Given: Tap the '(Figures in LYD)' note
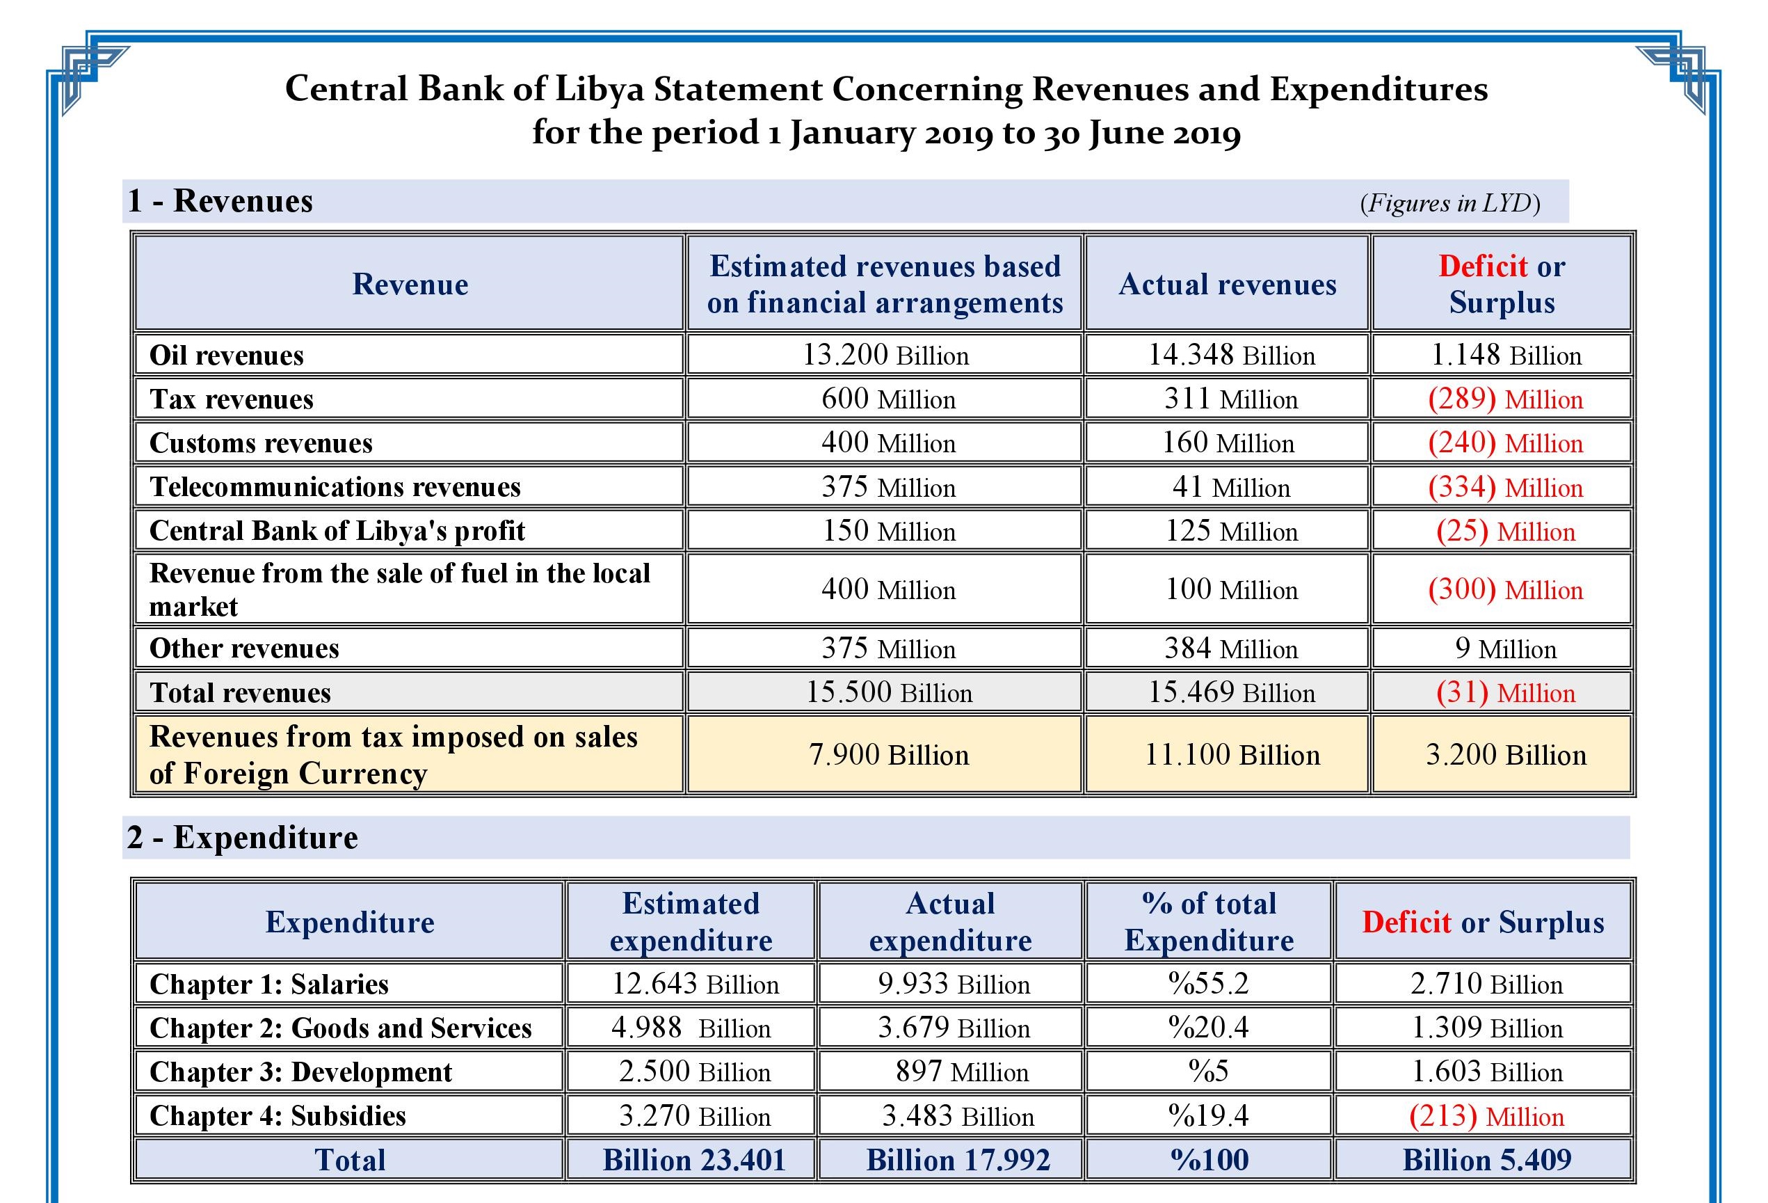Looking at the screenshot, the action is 1450,203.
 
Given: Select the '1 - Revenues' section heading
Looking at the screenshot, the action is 220,202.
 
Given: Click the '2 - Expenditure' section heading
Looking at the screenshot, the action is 243,838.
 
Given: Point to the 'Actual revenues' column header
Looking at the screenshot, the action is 1227,285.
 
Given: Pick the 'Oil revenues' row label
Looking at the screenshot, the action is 227,356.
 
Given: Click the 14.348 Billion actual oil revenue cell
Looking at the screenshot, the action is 1231,356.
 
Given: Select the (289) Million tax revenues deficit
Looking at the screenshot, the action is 1505,399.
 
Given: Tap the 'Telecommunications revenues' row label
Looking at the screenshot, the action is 335,487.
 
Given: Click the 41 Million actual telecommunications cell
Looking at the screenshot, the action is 1231,487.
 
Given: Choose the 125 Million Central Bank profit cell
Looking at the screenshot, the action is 1231,531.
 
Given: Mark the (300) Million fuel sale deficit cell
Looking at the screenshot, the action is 1505,590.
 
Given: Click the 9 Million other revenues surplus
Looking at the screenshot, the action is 1506,648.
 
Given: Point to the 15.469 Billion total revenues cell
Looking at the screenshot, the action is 1231,692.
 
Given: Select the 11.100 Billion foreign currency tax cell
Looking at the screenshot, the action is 1232,755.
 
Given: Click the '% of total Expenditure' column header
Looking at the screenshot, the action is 1209,922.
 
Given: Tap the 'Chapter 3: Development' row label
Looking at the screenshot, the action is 301,1072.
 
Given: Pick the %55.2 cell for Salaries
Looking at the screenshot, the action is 1209,984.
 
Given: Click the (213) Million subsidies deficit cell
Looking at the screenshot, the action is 1486,1116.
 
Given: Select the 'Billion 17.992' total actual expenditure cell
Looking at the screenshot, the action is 958,1161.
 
